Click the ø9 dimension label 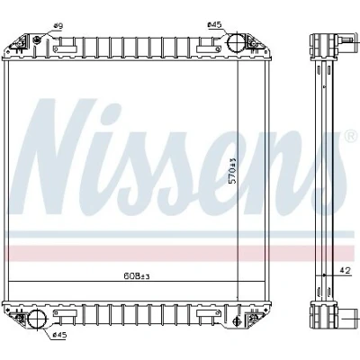pos(58,26)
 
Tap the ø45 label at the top pos(214,25)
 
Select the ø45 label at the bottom pos(59,335)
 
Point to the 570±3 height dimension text pos(233,171)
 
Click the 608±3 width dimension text pos(137,276)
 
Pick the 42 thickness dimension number pos(346,271)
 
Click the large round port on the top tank pos(236,42)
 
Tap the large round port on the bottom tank pos(36,319)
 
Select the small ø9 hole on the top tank pos(37,40)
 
